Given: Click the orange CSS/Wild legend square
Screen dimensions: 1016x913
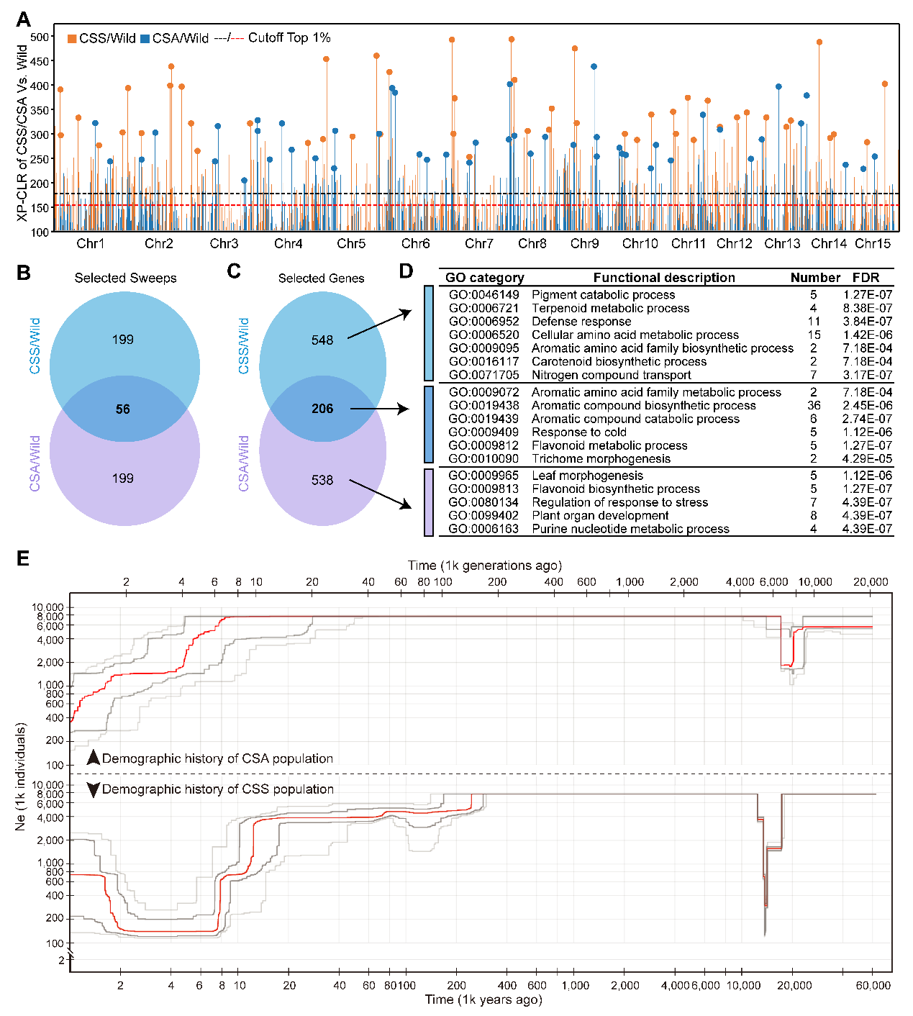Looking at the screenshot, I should (x=72, y=39).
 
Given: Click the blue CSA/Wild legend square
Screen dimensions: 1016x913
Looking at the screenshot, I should (x=145, y=39).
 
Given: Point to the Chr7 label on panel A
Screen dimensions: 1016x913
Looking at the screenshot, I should (x=478, y=244).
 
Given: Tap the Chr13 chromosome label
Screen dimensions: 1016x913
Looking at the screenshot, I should (x=782, y=244).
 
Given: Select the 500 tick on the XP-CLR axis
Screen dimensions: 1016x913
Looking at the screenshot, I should (x=40, y=37).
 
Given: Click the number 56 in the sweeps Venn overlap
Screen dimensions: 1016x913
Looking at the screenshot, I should (x=123, y=409).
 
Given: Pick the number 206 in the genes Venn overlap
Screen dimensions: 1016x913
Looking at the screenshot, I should (x=322, y=409).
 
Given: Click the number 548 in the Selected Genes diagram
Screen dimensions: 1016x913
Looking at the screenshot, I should (x=322, y=340).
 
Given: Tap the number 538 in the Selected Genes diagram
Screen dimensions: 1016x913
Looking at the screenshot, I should (x=322, y=480).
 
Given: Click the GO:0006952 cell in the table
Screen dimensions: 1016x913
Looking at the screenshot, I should (x=483, y=322).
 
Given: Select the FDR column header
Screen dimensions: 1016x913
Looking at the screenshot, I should (x=866, y=278).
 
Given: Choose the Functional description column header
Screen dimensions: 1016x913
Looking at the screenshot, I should (x=664, y=278).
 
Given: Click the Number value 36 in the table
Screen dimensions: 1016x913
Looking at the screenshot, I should (x=814, y=406).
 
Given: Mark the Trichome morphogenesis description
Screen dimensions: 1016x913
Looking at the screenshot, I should (x=601, y=459).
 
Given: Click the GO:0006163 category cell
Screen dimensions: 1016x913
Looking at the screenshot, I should (x=483, y=529).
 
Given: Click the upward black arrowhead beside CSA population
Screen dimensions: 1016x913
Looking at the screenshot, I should (x=93, y=758).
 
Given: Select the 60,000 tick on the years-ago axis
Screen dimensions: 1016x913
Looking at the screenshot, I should (x=873, y=986).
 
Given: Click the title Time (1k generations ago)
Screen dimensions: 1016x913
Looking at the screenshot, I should (x=484, y=566).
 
